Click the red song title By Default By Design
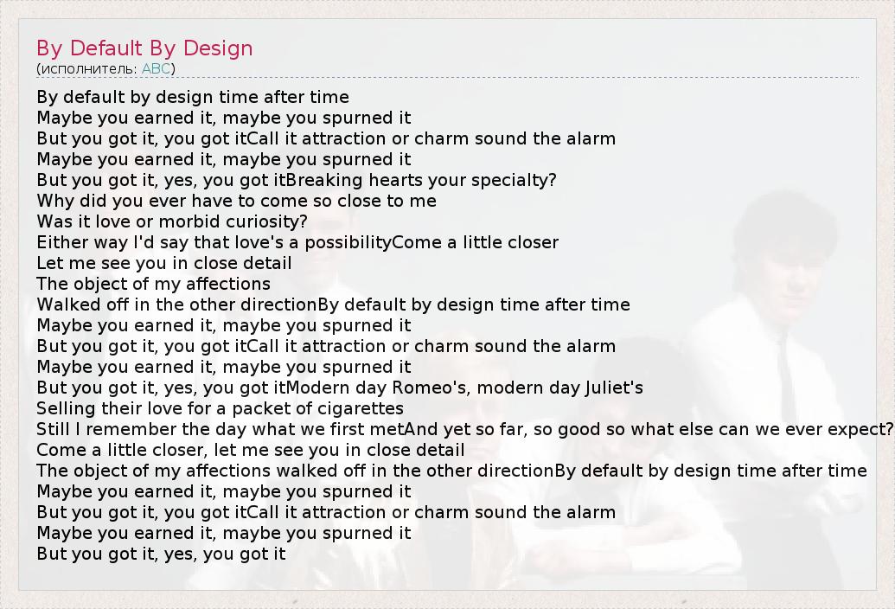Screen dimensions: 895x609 point(144,48)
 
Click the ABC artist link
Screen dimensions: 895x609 point(156,68)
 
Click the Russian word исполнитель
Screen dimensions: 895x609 point(88,69)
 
